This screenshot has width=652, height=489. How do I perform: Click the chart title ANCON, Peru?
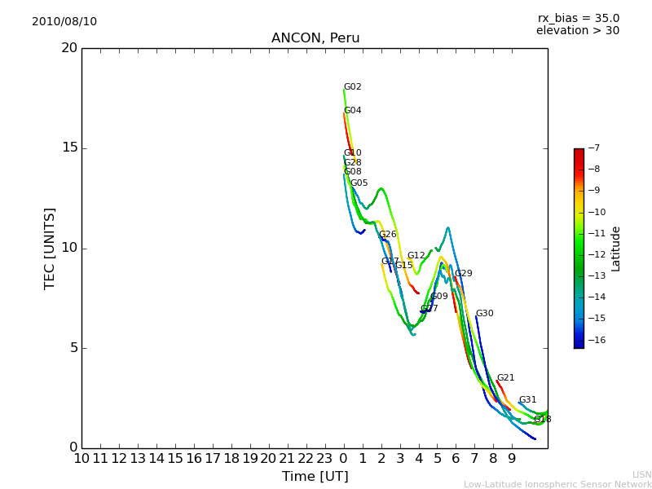315,38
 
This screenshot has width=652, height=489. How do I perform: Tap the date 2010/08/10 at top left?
64,21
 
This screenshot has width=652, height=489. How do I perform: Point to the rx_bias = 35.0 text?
578,18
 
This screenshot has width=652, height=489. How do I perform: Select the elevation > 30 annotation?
578,31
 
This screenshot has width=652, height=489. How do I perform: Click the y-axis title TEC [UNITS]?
50,248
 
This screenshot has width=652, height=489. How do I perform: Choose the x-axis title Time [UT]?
315,476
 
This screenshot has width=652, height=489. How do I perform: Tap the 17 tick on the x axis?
213,459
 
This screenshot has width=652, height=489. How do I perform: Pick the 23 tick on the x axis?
324,459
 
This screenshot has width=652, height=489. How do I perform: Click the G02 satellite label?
352,87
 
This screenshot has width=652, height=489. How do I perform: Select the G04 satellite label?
352,111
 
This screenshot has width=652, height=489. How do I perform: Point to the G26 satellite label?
387,235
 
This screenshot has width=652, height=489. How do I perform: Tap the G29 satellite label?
463,274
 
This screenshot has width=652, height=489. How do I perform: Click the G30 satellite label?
484,314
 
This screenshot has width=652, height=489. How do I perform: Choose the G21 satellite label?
505,378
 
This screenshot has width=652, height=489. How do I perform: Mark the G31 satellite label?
527,400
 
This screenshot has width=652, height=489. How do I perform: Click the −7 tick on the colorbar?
593,148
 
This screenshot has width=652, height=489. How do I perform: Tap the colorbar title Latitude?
616,248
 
